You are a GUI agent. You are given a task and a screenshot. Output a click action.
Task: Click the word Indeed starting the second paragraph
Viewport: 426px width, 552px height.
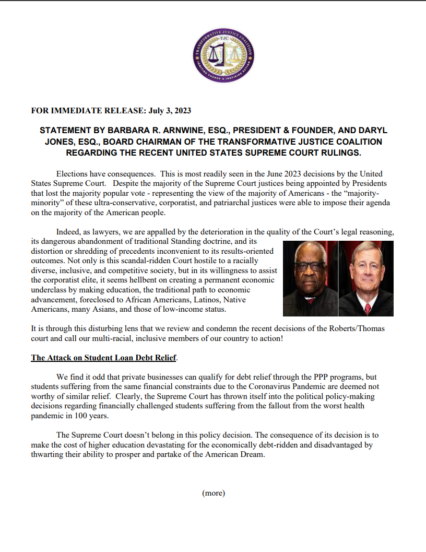pyautogui.click(x=68, y=231)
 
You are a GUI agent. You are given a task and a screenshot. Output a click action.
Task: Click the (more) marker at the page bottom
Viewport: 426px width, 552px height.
pyautogui.click(x=214, y=492)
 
